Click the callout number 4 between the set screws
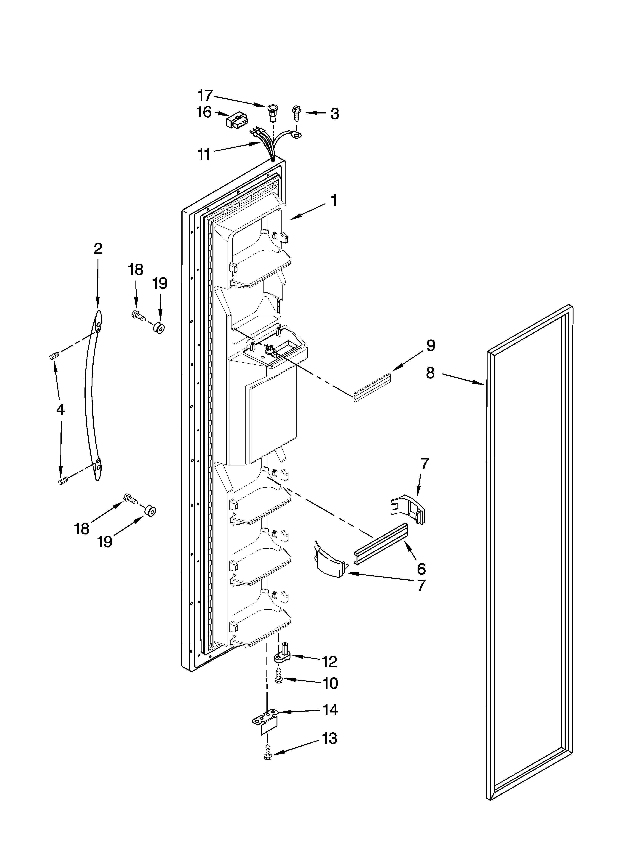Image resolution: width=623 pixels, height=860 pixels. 60,409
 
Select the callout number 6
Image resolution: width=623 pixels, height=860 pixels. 421,569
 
